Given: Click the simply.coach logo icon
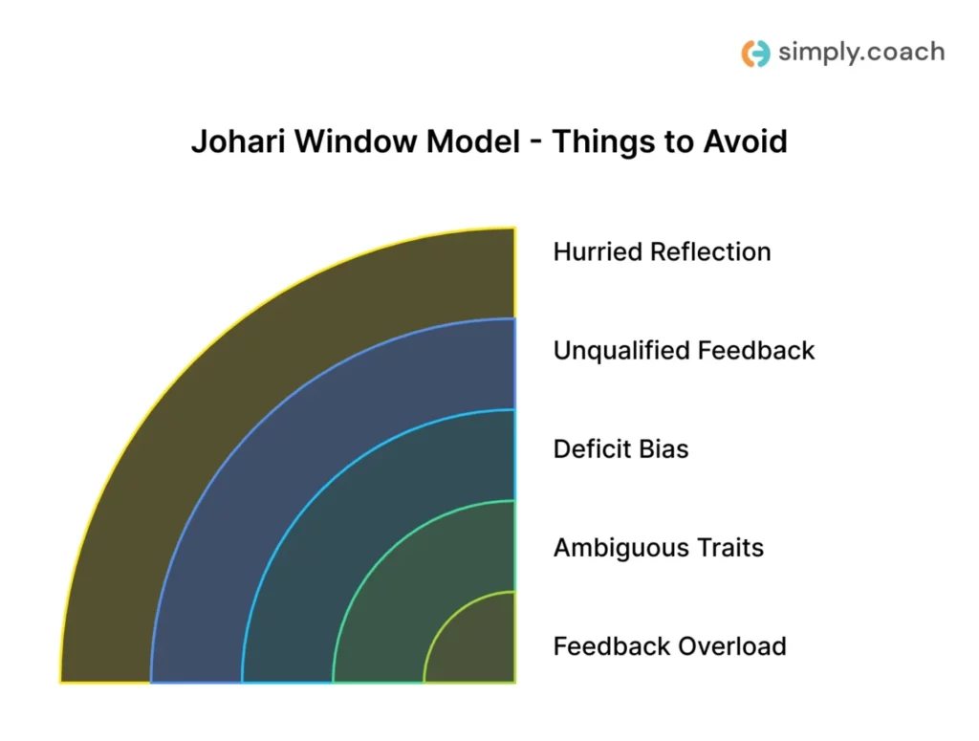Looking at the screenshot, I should click(755, 54).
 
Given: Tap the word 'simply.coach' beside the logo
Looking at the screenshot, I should click(860, 53).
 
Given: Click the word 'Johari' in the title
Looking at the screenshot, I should click(239, 142).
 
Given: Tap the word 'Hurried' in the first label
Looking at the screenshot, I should click(598, 252).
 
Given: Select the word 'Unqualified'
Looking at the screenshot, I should click(622, 351).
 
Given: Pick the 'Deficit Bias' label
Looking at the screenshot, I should click(620, 449).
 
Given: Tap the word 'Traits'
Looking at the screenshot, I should click(731, 548).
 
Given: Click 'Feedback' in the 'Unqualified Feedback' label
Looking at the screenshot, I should click(756, 351).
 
